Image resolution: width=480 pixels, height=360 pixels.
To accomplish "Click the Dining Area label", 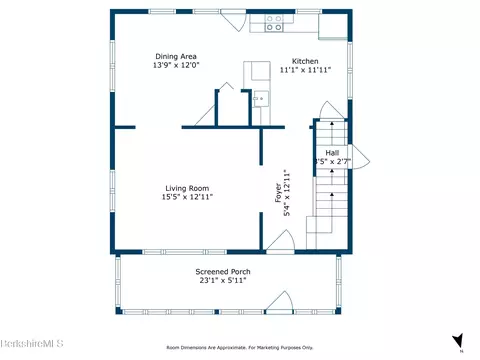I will coord(174,55).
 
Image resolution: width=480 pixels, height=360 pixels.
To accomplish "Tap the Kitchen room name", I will coord(304,59).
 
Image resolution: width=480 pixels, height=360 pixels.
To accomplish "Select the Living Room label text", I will coord(188,187).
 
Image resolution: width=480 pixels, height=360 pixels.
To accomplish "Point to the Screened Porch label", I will coord(222,271).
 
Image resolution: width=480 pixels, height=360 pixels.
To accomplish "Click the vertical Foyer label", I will coord(279,191).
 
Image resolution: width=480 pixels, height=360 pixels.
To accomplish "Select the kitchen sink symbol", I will coord(259,98).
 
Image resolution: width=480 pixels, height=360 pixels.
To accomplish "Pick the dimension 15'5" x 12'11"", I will coord(188,197).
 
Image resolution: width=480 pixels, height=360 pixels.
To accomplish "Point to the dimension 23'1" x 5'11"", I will coord(222,281).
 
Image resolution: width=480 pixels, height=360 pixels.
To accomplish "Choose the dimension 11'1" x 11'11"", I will coord(304,70).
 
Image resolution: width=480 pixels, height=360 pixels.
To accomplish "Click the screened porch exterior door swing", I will coord(283,301).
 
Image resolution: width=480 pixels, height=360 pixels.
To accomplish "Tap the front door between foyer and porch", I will coord(279,242).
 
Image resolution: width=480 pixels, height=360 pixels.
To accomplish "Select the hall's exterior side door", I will coord(362,158).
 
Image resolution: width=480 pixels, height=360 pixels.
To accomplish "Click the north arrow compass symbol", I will coord(457,341).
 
